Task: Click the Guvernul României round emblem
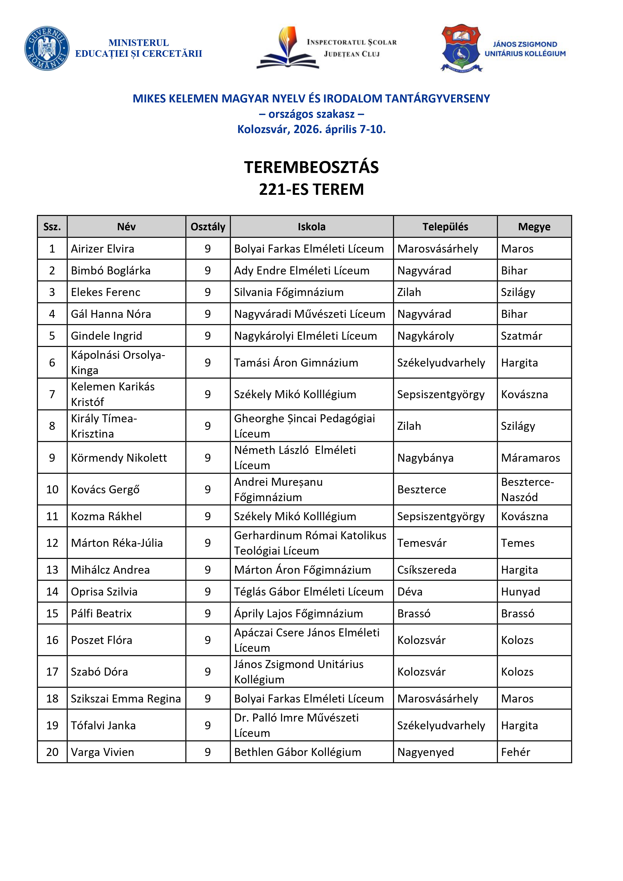point(47,48)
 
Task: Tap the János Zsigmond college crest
point(461,48)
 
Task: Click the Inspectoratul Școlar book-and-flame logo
point(288,48)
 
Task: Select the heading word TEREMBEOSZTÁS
point(311,167)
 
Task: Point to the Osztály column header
point(208,227)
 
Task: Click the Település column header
point(445,227)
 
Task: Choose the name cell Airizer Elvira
point(102,249)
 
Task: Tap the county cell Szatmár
point(521,336)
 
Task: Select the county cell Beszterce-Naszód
point(527,489)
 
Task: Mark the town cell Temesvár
point(422,543)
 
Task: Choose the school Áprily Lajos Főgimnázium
point(298,613)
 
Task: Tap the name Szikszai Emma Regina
point(126,698)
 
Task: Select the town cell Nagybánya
point(425,458)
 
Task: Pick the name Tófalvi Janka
point(103,725)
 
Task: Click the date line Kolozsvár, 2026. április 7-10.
point(311,129)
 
